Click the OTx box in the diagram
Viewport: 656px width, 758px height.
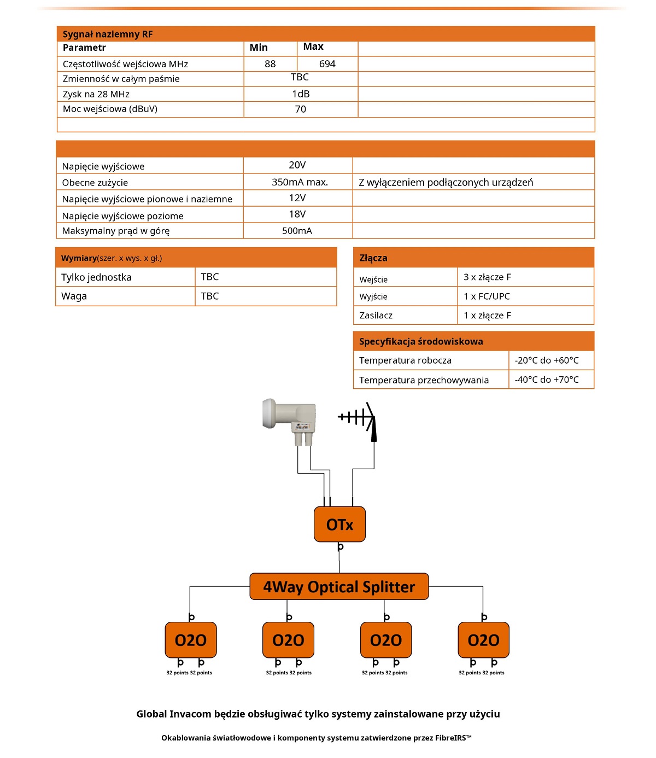(339, 524)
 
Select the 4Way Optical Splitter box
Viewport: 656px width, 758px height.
(339, 587)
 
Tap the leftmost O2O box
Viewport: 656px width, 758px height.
(191, 640)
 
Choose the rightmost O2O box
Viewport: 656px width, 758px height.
(483, 640)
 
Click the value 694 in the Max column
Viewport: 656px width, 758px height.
(327, 64)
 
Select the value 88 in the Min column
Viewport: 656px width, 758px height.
(270, 64)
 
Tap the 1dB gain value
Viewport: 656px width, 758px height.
(301, 94)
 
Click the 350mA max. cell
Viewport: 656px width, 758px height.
(300, 182)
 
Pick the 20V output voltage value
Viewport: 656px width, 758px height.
(297, 165)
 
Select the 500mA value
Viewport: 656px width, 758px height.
(297, 231)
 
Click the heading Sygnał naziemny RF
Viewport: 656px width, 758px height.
(108, 34)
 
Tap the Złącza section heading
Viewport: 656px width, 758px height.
(373, 258)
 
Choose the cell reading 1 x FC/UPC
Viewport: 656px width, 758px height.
(487, 296)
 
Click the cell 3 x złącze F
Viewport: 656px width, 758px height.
(487, 277)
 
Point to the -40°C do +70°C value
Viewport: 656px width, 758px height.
(547, 380)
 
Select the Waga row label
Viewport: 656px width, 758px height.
(74, 296)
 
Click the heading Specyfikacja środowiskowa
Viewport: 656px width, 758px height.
(421, 342)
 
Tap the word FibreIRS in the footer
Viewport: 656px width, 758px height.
(450, 738)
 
